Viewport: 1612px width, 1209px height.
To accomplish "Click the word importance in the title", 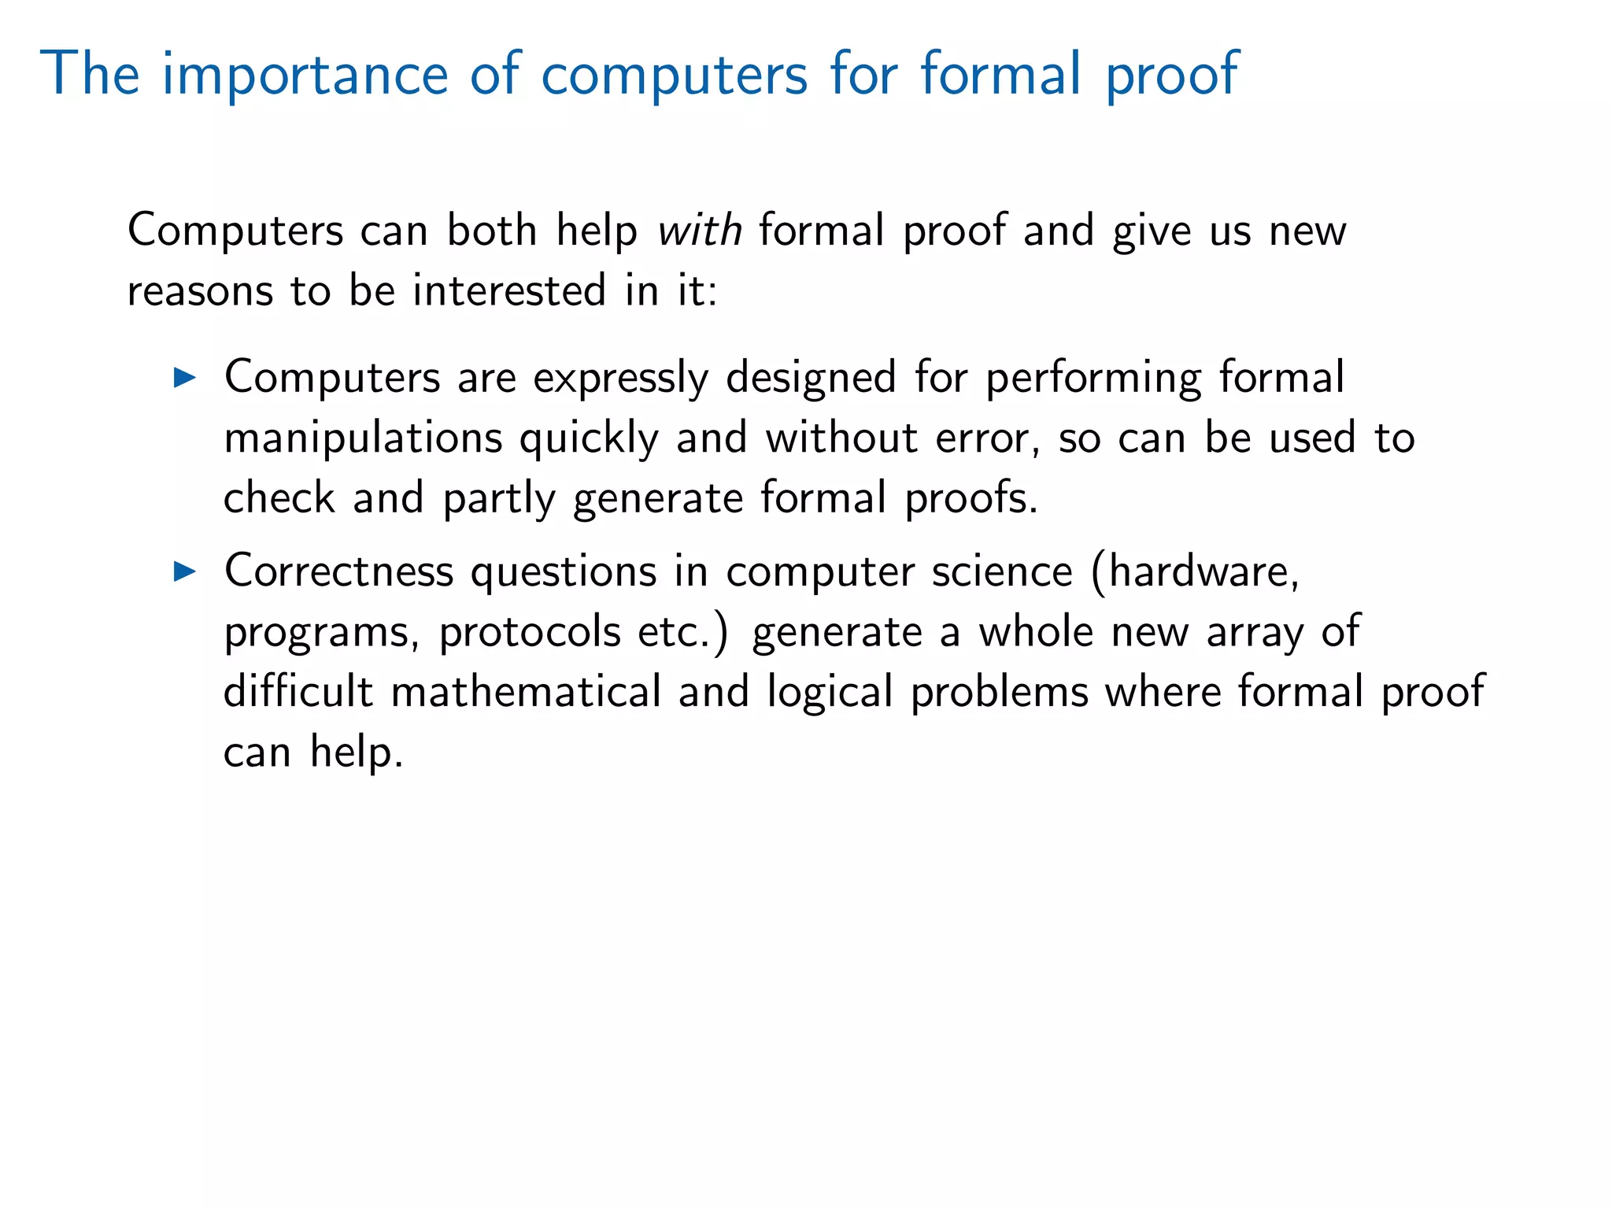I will (305, 75).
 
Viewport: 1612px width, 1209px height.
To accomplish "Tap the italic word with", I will (700, 231).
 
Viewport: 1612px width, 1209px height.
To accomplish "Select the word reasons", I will (200, 291).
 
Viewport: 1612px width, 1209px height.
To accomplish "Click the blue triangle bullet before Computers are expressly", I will (184, 378).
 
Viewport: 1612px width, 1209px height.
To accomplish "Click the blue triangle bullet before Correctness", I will (184, 571).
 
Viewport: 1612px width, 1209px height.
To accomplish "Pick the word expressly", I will (620, 379).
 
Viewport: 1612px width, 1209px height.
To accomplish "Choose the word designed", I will (811, 379).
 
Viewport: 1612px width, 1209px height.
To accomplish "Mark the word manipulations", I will (363, 438).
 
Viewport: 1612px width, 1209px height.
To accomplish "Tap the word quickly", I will (589, 438).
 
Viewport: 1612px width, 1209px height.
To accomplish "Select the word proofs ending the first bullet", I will (971, 499).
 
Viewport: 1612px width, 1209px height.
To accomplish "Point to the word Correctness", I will (338, 571).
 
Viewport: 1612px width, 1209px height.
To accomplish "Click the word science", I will (1002, 571).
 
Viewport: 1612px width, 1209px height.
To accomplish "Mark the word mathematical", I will (526, 692).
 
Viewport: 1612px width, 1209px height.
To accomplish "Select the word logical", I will (830, 693).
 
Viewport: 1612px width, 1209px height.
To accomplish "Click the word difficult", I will (298, 692).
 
